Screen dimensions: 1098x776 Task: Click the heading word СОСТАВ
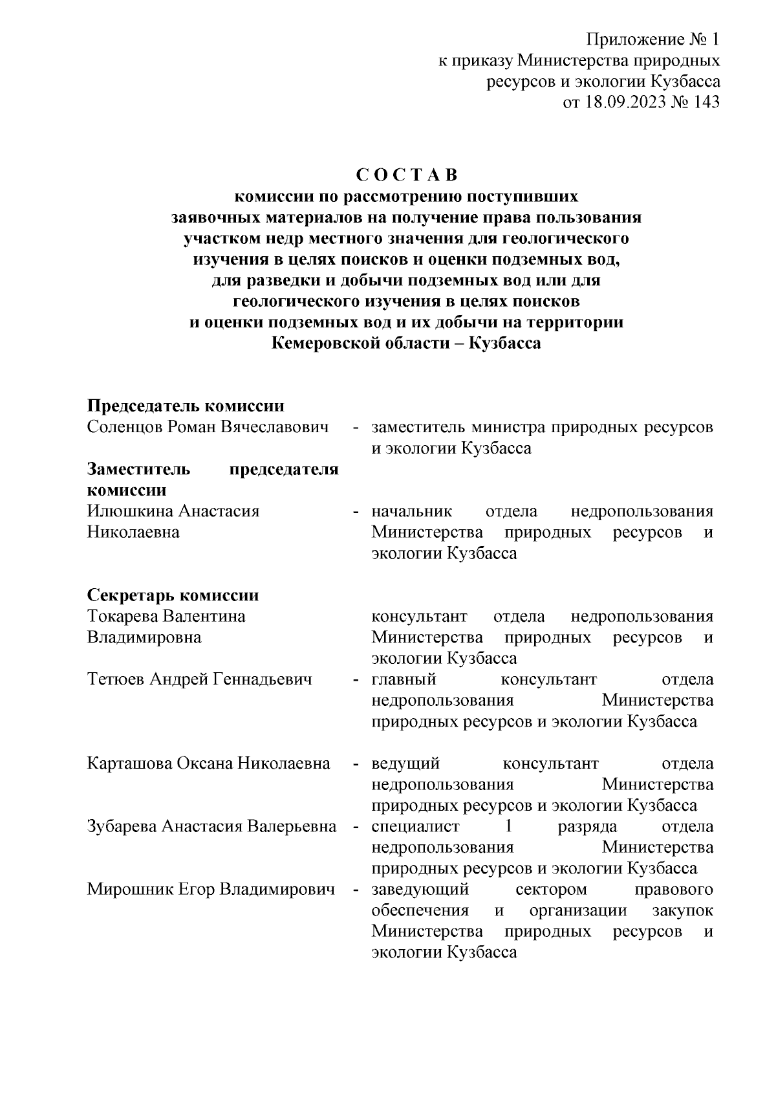coord(406,175)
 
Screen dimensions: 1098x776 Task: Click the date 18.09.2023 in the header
coord(625,102)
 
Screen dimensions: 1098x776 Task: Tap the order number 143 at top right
coord(706,102)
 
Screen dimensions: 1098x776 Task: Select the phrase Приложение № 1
coord(652,40)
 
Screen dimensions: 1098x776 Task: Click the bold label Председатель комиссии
coord(186,406)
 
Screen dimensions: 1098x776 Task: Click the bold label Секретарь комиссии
coord(173,595)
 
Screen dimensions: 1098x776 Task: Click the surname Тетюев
coord(116,679)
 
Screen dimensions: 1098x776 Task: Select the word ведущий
coord(406,763)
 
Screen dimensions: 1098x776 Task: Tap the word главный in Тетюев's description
coord(404,679)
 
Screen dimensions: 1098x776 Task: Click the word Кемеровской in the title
coord(324,343)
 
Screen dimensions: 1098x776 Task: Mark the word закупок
coord(685,910)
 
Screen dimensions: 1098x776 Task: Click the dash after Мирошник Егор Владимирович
coord(356,891)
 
